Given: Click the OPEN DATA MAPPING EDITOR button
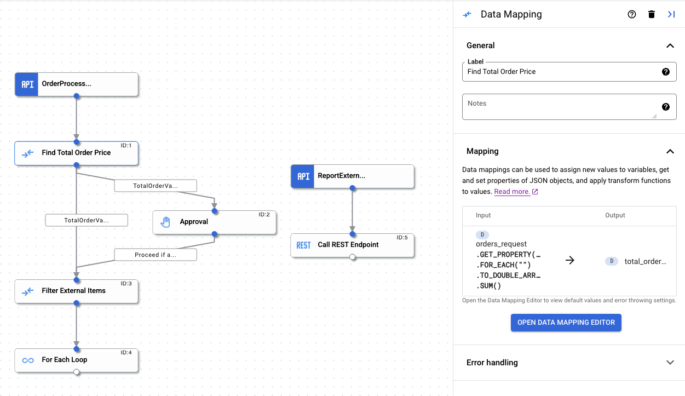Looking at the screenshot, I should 566,323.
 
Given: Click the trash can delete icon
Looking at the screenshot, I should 651,15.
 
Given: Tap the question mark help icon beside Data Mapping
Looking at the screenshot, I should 631,15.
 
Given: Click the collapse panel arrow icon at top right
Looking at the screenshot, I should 671,15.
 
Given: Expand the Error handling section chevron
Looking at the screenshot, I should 670,363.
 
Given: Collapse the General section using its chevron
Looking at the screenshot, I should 670,46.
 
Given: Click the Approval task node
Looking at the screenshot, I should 214,222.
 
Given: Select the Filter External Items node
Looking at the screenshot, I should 76,291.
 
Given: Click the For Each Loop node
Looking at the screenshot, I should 76,360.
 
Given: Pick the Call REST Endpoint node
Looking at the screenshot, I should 352,245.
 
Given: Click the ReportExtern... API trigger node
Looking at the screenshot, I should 352,176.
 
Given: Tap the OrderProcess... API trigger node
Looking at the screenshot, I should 76,84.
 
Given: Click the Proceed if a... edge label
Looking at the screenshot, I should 156,255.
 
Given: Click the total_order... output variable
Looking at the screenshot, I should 644,261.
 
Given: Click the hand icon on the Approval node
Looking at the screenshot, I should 165,222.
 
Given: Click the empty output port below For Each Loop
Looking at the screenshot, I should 77,372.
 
